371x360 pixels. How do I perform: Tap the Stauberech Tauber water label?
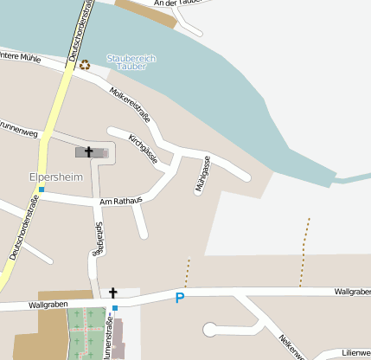point(131,61)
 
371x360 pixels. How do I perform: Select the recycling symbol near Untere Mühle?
point(85,64)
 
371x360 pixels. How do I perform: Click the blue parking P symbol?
point(180,299)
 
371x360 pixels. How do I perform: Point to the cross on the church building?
point(88,152)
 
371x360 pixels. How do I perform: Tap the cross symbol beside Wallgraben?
point(112,293)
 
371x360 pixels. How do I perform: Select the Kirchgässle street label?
point(142,149)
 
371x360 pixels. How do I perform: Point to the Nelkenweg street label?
point(292,344)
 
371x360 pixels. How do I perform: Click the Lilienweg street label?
point(355,353)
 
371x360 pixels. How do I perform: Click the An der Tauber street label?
point(176,4)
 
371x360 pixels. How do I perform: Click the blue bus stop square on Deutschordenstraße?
point(41,189)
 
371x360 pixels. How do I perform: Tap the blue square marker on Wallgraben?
point(114,307)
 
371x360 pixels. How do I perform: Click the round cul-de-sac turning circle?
point(209,329)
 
